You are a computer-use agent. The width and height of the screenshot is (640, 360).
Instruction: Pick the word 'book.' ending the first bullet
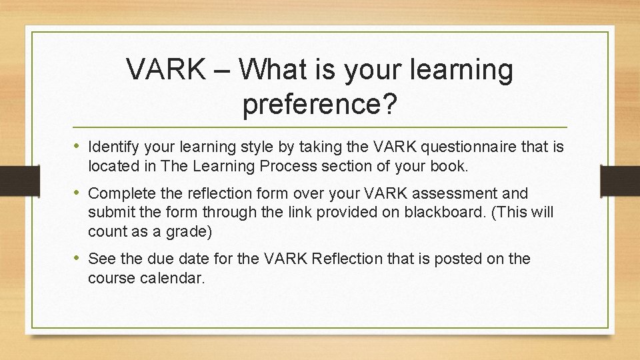(451, 166)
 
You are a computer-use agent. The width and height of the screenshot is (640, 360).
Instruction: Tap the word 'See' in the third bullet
(101, 259)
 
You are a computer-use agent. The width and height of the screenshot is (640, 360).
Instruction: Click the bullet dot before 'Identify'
(78, 146)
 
